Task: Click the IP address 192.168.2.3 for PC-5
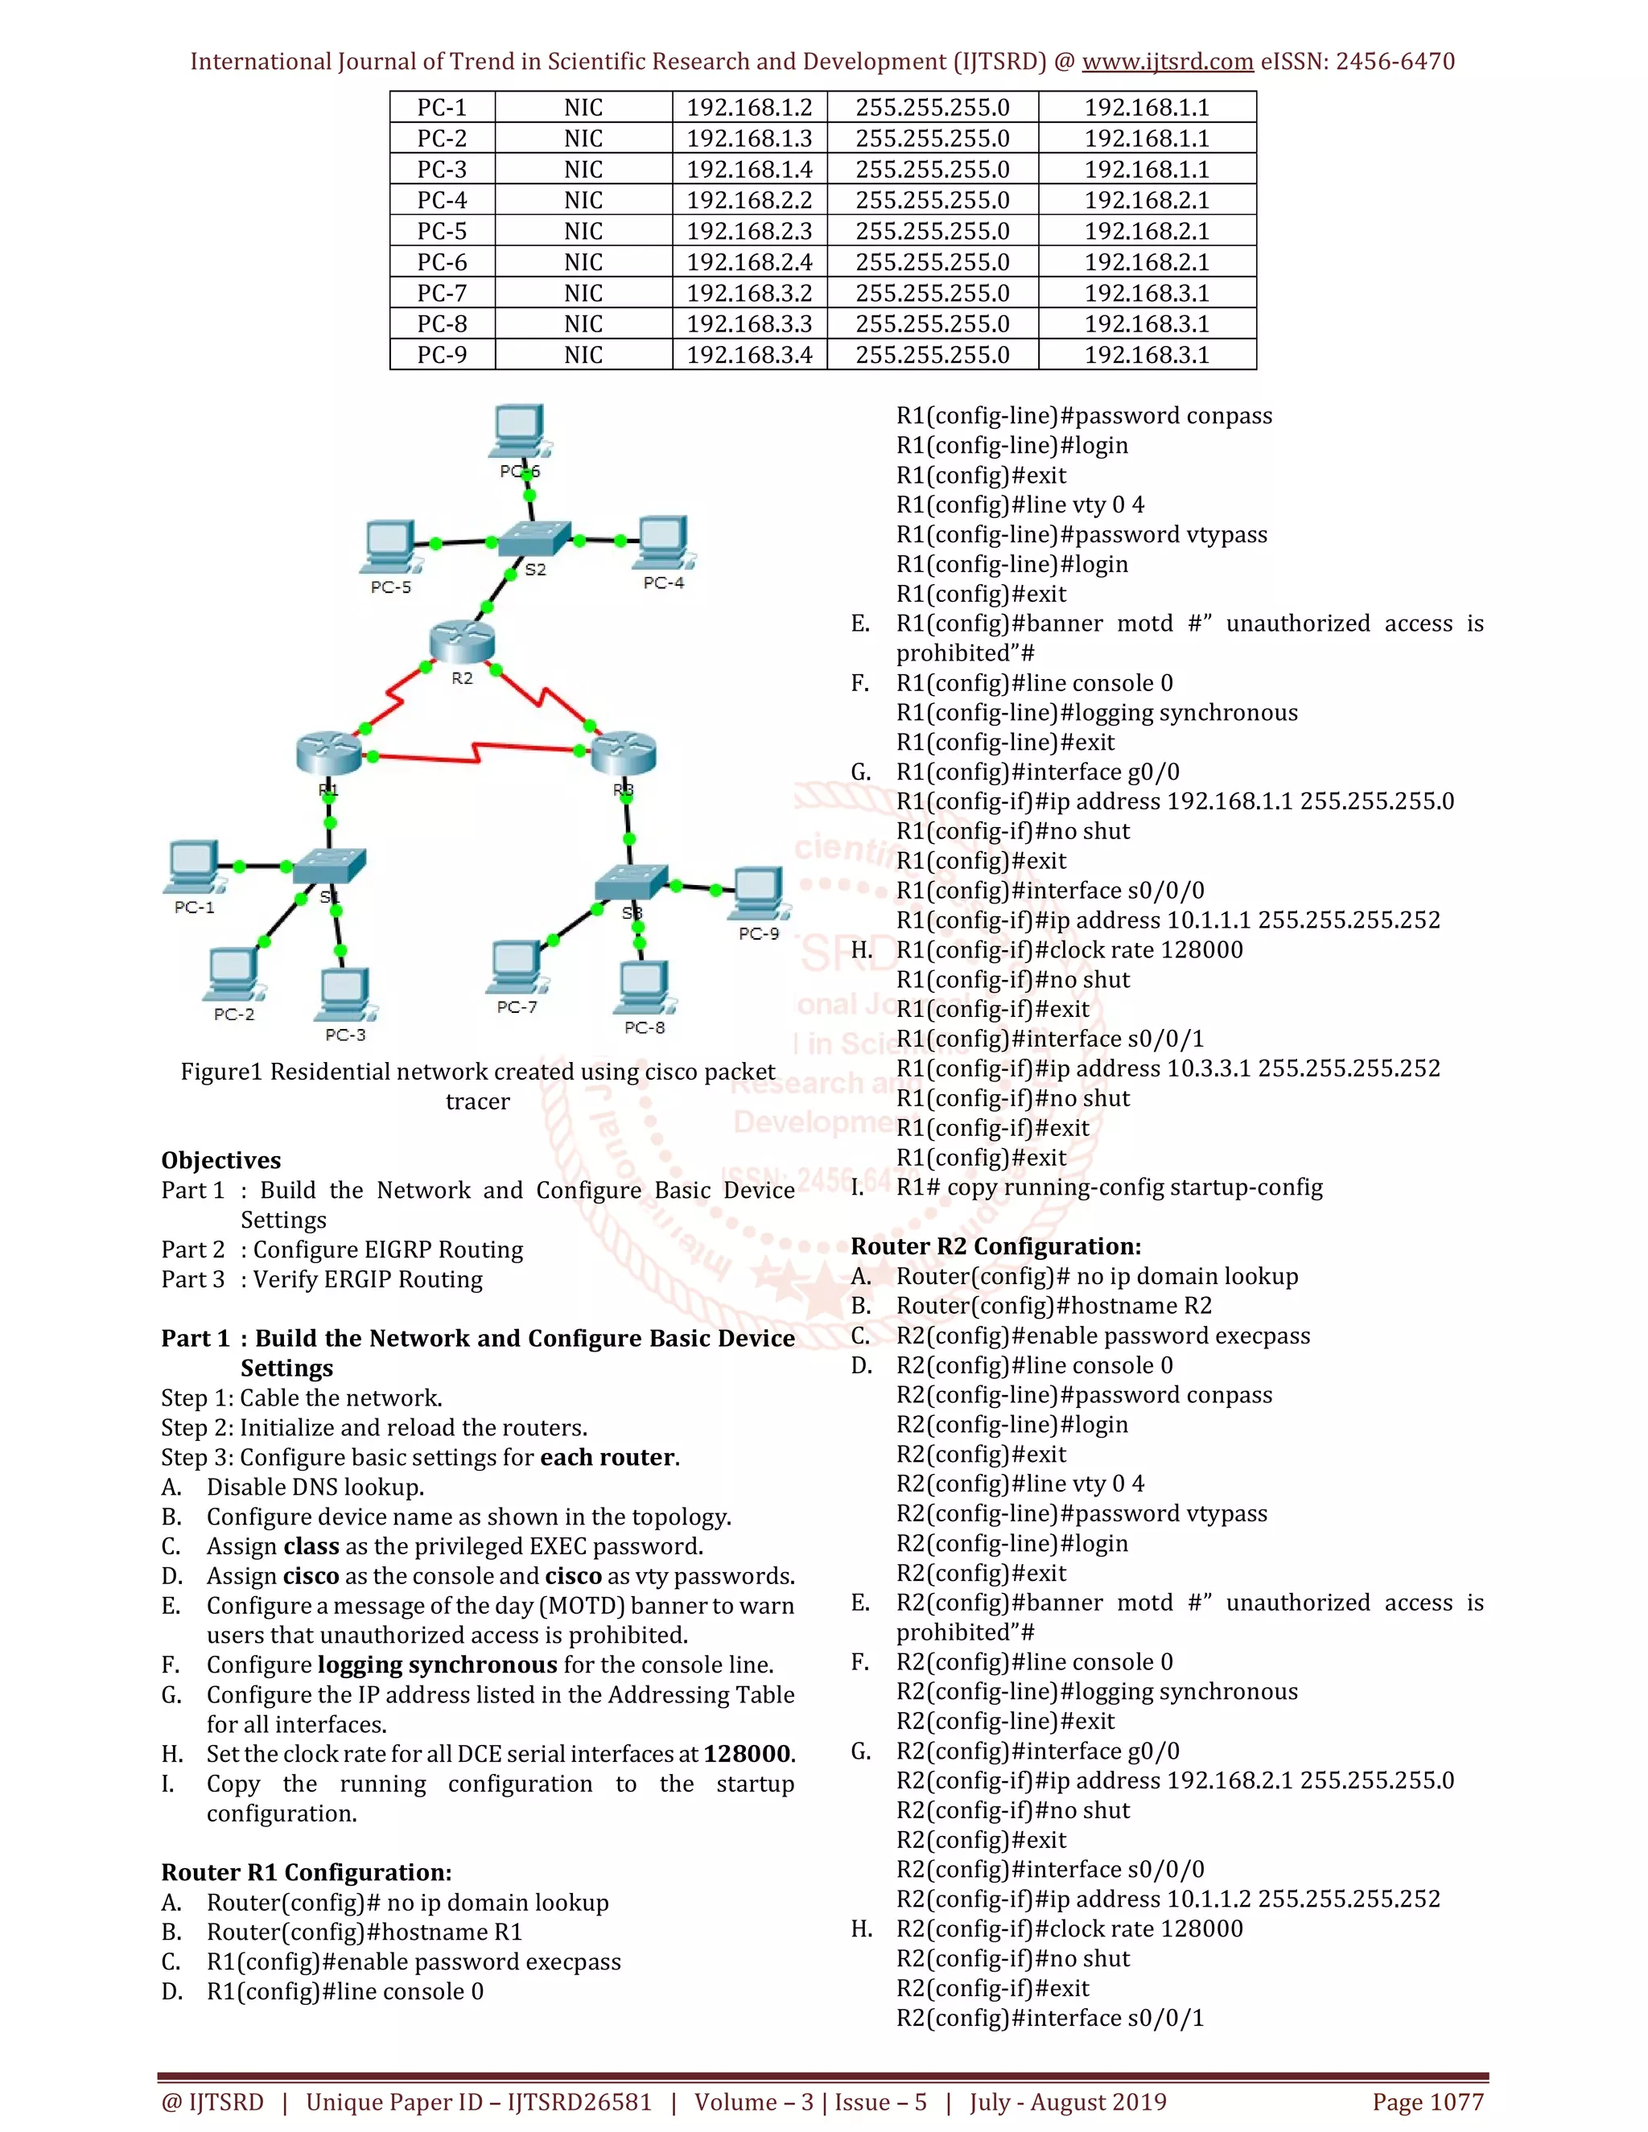coord(749,232)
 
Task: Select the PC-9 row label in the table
coord(443,356)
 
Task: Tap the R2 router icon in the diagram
coord(462,641)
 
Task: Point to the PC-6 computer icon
coord(518,430)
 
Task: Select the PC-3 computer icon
coord(344,994)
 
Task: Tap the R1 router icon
coord(329,754)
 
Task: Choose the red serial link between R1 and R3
coord(476,753)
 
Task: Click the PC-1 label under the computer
coord(194,908)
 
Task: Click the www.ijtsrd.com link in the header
coord(1167,61)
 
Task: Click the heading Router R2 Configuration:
coord(995,1246)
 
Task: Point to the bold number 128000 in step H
coord(747,1754)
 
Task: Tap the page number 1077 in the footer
coord(1456,2101)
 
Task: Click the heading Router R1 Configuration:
coord(306,1872)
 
